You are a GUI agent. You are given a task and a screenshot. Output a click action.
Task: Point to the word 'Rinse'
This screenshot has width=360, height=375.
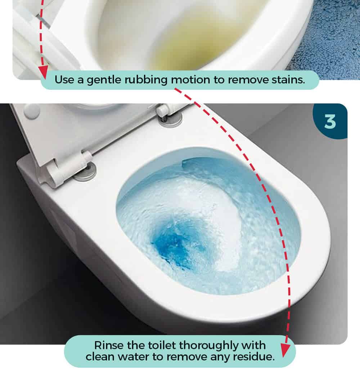click(109, 346)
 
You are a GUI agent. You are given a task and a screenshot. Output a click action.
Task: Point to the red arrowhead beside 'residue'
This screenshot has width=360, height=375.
click(285, 350)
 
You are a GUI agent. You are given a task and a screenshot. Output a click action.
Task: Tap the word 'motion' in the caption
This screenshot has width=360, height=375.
click(190, 80)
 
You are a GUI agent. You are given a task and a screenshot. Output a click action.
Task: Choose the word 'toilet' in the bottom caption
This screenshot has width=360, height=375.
click(162, 346)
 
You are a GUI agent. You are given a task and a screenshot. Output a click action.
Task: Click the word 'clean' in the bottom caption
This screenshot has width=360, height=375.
click(100, 357)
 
